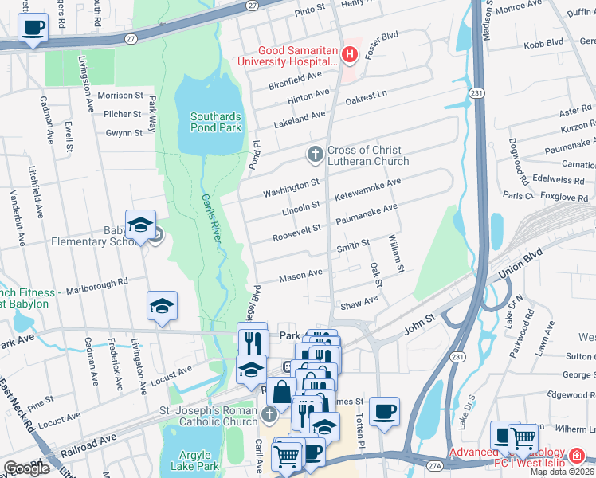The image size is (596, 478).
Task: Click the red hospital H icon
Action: coord(348,54)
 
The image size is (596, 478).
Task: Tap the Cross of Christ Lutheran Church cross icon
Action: coord(315,154)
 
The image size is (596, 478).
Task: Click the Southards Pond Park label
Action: coord(215,122)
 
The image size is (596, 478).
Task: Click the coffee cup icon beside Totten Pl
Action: coord(384,411)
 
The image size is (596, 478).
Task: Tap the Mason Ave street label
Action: coord(300,276)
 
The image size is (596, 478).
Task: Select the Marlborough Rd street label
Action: coord(96,283)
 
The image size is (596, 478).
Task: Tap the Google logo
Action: coord(26,468)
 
